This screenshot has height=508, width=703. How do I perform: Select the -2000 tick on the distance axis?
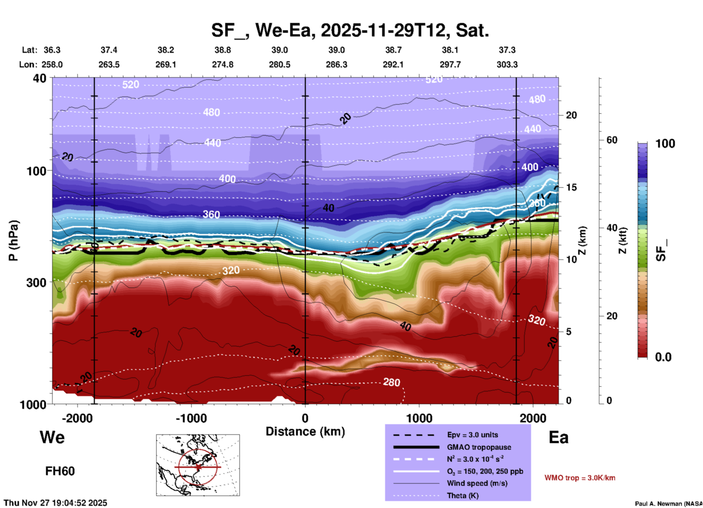(x=77, y=418)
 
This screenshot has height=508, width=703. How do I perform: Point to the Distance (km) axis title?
(x=305, y=431)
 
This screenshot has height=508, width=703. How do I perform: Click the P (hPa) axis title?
(x=14, y=241)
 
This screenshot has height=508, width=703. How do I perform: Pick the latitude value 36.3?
(x=52, y=50)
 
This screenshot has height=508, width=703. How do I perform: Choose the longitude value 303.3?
(x=507, y=65)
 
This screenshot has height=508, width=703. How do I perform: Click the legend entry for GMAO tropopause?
(x=479, y=447)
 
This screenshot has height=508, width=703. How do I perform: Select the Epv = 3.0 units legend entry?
(x=472, y=435)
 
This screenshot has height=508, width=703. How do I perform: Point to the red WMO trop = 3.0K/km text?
(x=580, y=478)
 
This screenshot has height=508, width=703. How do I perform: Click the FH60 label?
(x=60, y=471)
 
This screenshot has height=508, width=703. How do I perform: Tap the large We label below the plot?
(x=52, y=437)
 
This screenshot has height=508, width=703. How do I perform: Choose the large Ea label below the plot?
(x=558, y=437)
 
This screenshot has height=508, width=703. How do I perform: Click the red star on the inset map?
(x=198, y=467)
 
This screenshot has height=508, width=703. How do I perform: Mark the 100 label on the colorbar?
(x=665, y=144)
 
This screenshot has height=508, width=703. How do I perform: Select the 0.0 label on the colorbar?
(x=663, y=357)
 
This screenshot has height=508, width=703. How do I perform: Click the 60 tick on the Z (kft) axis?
(x=612, y=140)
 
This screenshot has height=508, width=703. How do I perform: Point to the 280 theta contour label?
(x=391, y=382)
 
